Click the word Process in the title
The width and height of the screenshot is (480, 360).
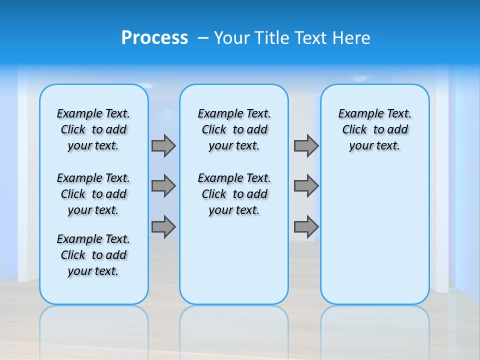coord(154,37)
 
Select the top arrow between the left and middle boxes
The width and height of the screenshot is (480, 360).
coord(163,145)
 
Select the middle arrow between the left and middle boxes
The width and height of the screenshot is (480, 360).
coord(163,186)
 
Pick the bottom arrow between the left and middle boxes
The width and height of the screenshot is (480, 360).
coord(163,226)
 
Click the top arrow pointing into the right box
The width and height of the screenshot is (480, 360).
coord(306,145)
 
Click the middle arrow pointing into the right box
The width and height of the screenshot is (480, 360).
coord(306,186)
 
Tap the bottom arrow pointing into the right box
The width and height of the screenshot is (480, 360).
coord(306,226)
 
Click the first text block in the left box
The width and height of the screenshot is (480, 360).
coord(93,129)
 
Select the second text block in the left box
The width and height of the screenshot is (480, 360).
coord(93,194)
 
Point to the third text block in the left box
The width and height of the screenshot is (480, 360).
coord(93,255)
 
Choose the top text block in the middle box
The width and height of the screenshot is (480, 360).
coord(234,129)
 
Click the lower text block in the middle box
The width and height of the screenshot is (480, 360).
coord(234,194)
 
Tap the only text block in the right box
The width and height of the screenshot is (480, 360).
coord(374,129)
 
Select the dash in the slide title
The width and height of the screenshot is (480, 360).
coord(203,37)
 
